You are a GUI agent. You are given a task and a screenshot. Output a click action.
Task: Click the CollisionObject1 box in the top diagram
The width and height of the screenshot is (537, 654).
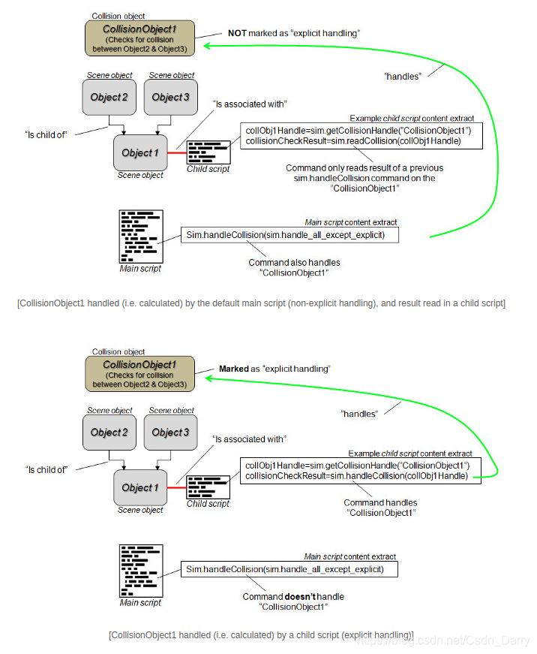(x=139, y=38)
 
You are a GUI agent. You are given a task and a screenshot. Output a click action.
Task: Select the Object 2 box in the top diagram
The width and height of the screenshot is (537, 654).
(x=109, y=97)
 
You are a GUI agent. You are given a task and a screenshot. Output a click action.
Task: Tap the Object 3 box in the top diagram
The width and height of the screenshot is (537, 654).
(x=171, y=97)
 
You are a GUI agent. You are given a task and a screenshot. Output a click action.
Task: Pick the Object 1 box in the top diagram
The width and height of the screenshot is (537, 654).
(x=140, y=152)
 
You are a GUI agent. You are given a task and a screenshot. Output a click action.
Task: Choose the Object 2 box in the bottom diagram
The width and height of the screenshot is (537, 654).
(x=109, y=432)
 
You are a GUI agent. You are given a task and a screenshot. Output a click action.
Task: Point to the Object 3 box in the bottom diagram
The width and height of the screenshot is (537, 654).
(x=171, y=432)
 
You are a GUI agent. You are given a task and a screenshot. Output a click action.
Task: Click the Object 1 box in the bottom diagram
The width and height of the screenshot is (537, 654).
(x=140, y=487)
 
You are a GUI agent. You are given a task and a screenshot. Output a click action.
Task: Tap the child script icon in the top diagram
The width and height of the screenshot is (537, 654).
(x=208, y=152)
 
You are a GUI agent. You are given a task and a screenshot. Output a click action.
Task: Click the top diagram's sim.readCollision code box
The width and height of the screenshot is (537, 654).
(x=361, y=136)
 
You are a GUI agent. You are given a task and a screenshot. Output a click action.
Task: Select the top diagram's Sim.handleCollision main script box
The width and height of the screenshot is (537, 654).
(x=289, y=235)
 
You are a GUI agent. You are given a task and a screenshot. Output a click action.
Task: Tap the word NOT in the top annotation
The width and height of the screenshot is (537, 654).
(x=238, y=34)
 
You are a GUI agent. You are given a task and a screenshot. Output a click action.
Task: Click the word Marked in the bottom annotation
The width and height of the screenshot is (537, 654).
(x=233, y=369)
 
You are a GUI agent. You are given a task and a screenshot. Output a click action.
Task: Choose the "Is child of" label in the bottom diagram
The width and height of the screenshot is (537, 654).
(x=46, y=469)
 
